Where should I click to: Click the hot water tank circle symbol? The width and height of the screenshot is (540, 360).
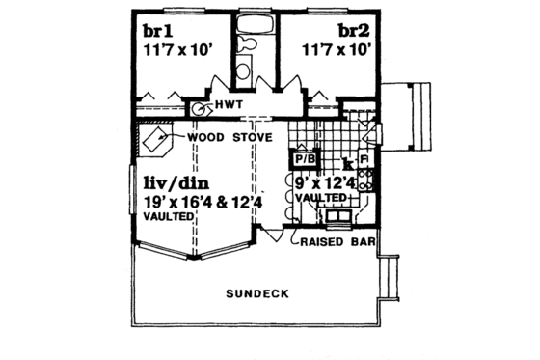click(x=200, y=108)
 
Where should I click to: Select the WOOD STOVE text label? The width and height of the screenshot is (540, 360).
click(x=229, y=137)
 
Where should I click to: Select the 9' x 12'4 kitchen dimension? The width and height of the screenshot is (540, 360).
click(x=320, y=181)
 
